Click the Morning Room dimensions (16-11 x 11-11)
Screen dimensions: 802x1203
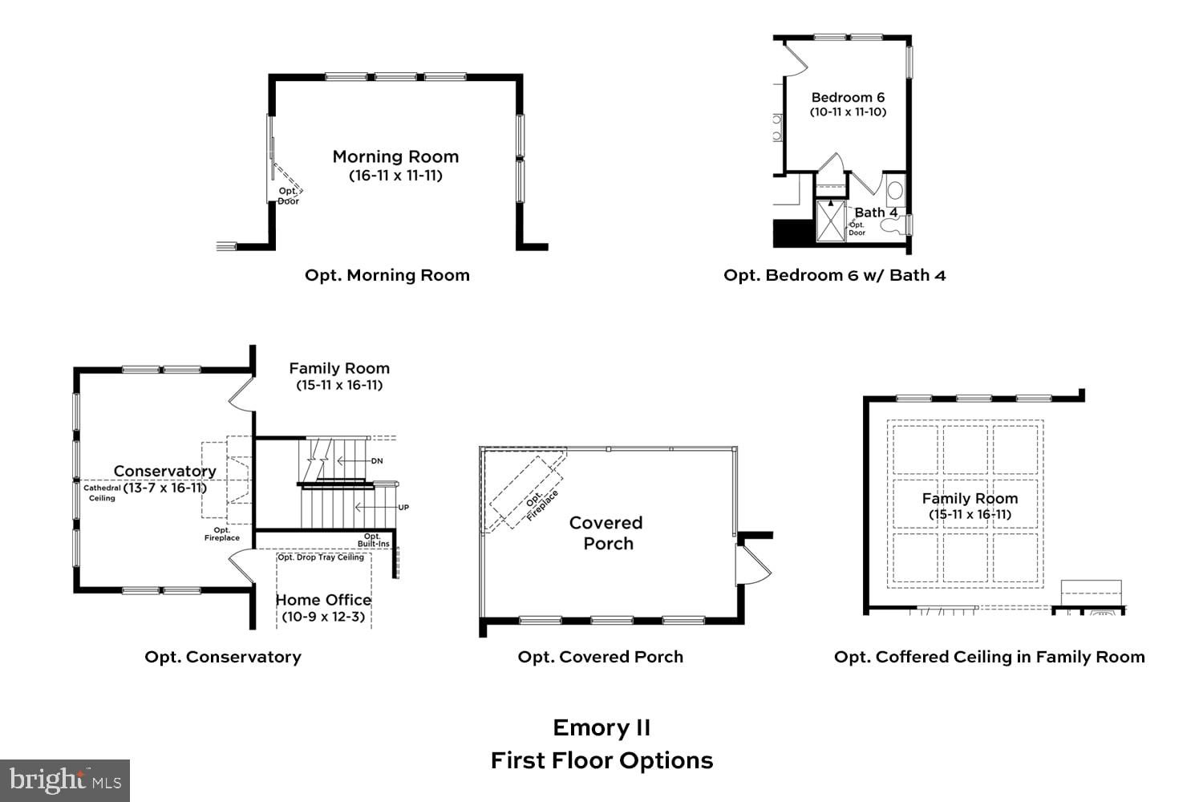click(395, 176)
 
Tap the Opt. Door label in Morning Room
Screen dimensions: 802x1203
click(288, 196)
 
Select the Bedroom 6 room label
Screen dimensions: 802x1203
click(848, 97)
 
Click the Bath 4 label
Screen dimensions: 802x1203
click(876, 213)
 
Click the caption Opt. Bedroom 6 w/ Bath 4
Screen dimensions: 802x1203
click(834, 275)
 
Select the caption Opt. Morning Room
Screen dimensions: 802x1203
click(387, 275)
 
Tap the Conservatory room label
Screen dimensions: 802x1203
click(164, 471)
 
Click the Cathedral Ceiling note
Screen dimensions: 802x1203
click(102, 492)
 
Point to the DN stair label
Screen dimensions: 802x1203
click(377, 461)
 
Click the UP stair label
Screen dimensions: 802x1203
click(403, 508)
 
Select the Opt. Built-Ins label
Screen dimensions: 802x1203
click(373, 540)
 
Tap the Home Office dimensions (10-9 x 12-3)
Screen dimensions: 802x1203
click(323, 617)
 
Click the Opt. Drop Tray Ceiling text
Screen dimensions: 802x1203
click(321, 557)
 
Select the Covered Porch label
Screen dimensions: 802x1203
click(606, 533)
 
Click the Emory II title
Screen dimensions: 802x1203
click(601, 727)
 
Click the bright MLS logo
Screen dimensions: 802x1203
click(65, 780)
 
